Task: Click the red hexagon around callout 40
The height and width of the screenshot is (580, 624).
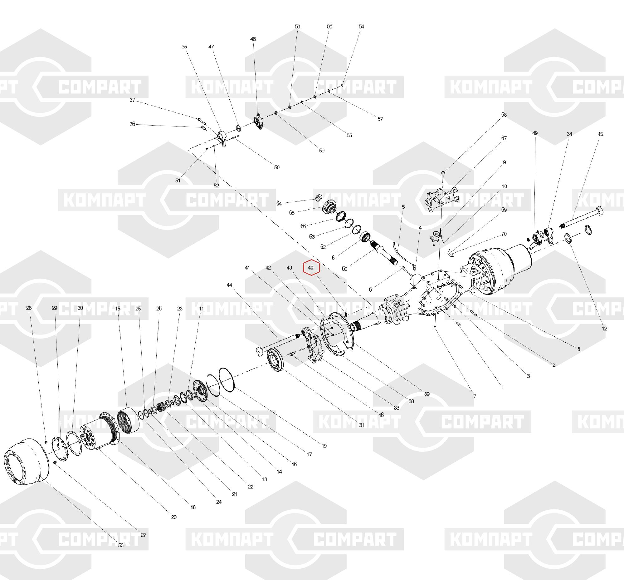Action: [x=311, y=268]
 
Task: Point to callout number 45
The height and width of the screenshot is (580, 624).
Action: [x=600, y=134]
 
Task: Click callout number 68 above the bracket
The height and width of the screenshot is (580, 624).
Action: [x=504, y=115]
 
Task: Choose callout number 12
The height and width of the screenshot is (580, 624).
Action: [x=605, y=329]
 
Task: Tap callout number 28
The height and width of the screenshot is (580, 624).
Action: [x=29, y=308]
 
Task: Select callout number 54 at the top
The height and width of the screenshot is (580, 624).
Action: [x=361, y=27]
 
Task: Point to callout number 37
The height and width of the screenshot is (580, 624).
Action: [x=132, y=100]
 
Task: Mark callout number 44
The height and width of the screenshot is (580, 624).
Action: [x=230, y=285]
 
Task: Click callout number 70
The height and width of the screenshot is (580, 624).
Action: [x=504, y=234]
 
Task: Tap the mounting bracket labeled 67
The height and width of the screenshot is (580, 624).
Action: [x=441, y=199]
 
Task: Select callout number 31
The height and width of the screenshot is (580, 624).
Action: [x=361, y=425]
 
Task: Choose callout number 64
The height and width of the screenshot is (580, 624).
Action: [x=279, y=203]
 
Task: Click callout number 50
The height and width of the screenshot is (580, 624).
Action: [x=276, y=168]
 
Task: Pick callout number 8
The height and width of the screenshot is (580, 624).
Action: [x=579, y=349]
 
